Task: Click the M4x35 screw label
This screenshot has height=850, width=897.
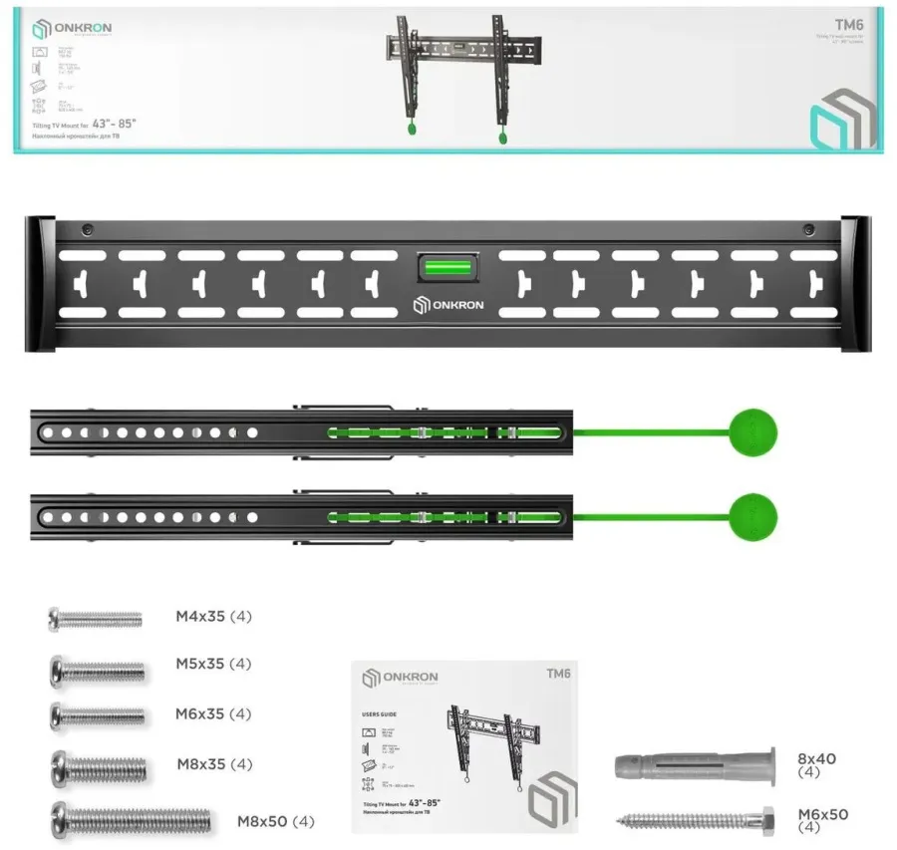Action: point(213,617)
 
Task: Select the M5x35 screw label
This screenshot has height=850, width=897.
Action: point(213,665)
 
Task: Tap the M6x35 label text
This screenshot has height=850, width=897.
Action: point(213,714)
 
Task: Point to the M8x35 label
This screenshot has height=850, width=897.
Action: point(214,764)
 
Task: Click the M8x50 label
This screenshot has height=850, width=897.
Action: point(275,822)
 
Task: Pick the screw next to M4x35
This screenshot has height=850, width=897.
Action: point(95,620)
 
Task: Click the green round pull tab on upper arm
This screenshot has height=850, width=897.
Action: point(753,432)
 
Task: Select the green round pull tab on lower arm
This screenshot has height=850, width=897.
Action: point(753,516)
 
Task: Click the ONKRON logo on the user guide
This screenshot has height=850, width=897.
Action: point(400,678)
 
